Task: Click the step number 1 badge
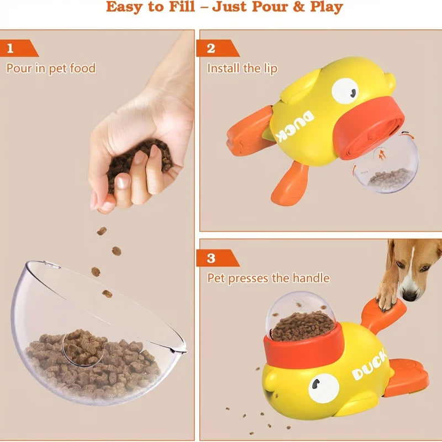click(x=10, y=48)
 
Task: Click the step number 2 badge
click(x=211, y=48)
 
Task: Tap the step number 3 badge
click(x=211, y=258)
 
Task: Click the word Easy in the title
click(x=129, y=7)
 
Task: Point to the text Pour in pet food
click(x=51, y=69)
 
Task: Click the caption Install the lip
click(x=242, y=69)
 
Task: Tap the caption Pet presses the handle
click(x=268, y=277)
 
